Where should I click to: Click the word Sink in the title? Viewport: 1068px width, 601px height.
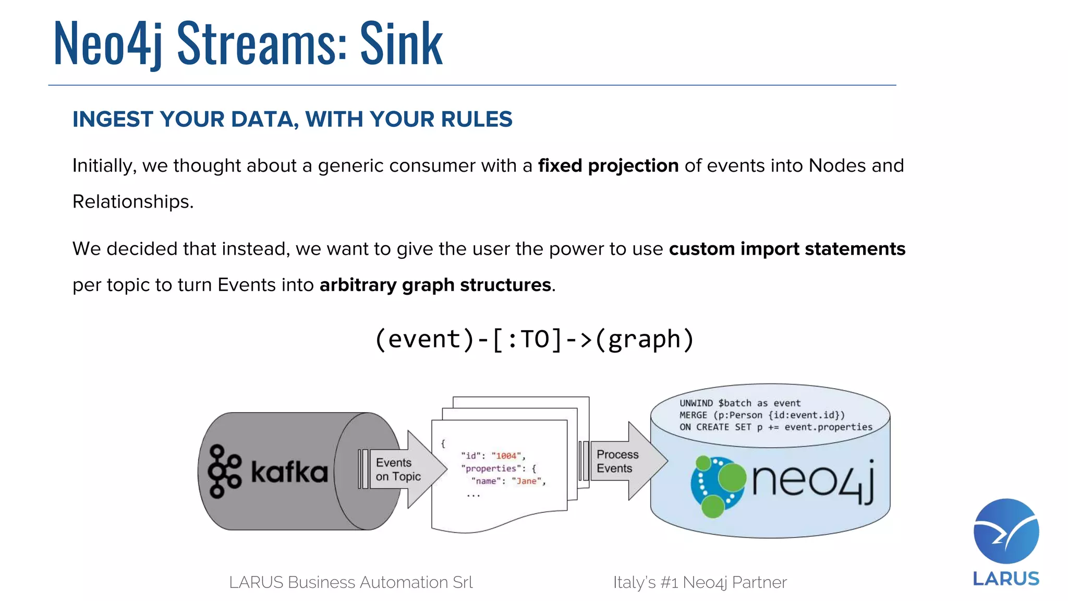point(401,44)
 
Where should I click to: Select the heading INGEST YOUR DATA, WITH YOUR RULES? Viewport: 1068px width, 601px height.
point(292,119)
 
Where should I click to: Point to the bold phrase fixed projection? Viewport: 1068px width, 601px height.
point(608,166)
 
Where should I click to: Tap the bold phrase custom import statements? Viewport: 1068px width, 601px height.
point(787,249)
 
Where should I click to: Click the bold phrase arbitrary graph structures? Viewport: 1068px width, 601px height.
point(435,285)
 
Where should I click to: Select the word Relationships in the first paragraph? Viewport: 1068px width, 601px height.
point(132,202)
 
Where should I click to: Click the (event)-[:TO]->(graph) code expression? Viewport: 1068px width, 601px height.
point(534,340)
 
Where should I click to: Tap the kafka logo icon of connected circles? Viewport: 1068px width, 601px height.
point(224,471)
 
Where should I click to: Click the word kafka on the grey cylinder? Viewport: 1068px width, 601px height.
point(289,472)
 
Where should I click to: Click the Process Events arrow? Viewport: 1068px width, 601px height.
point(623,461)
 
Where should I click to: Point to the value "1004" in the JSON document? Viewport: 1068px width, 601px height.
point(506,456)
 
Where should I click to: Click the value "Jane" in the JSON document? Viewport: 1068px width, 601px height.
point(526,481)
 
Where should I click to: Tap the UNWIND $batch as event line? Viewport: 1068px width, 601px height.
point(739,403)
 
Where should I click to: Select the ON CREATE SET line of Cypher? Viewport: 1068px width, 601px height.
point(775,427)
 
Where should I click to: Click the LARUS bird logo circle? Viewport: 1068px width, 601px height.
point(1006,531)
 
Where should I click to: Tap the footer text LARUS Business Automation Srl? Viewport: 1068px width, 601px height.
point(350,582)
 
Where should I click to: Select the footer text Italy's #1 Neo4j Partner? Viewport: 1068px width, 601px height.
point(699,582)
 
